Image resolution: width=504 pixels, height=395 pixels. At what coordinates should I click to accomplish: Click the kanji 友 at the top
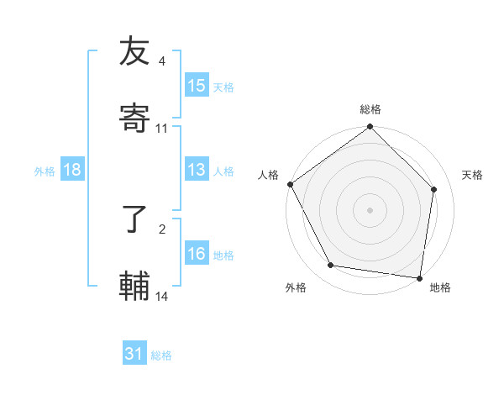coord(134,51)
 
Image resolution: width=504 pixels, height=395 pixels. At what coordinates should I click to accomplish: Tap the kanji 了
coord(134,220)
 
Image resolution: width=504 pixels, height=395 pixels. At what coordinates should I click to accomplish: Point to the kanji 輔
coord(134,285)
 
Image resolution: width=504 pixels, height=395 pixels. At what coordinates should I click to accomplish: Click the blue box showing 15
coord(197,86)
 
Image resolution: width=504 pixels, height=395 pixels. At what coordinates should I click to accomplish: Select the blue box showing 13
coord(197,171)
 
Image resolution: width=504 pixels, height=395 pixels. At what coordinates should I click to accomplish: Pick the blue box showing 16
coord(197,255)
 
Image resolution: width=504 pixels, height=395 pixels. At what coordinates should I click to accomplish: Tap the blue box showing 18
coord(72,171)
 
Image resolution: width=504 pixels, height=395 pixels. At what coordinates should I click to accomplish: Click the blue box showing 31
coord(134,355)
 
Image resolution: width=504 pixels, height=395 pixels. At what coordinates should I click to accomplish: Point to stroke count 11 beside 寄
coord(162,129)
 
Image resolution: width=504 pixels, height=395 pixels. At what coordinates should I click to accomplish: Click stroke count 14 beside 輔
coord(162,297)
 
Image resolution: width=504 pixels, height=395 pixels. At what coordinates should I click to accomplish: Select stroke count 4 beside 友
coord(162,61)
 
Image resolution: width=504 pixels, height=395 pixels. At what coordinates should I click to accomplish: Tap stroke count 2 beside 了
coord(162,229)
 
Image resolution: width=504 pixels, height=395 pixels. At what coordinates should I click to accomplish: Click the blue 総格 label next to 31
coord(161,355)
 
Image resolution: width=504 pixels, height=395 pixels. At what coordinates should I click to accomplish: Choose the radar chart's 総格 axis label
coord(370,109)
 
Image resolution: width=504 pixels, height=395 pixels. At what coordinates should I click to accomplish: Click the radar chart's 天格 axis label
coord(472,175)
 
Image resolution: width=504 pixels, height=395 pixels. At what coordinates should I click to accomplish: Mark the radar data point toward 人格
coord(291,184)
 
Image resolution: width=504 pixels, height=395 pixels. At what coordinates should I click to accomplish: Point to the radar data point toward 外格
coord(331,266)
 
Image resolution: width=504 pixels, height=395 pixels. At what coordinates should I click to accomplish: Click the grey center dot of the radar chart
coord(370,209)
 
